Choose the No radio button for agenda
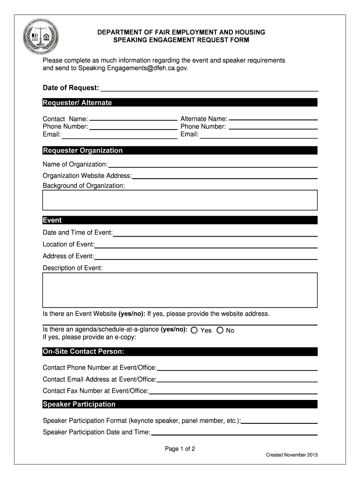(x=220, y=330)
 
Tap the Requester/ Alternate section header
(x=180, y=102)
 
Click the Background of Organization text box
(x=180, y=200)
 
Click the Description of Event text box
(x=180, y=290)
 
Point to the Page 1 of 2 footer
(x=180, y=449)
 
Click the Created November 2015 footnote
(x=292, y=455)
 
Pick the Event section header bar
(x=180, y=220)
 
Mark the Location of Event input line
(x=206, y=245)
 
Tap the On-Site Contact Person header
(x=180, y=351)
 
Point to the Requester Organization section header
(x=180, y=150)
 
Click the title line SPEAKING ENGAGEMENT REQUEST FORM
(x=181, y=40)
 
